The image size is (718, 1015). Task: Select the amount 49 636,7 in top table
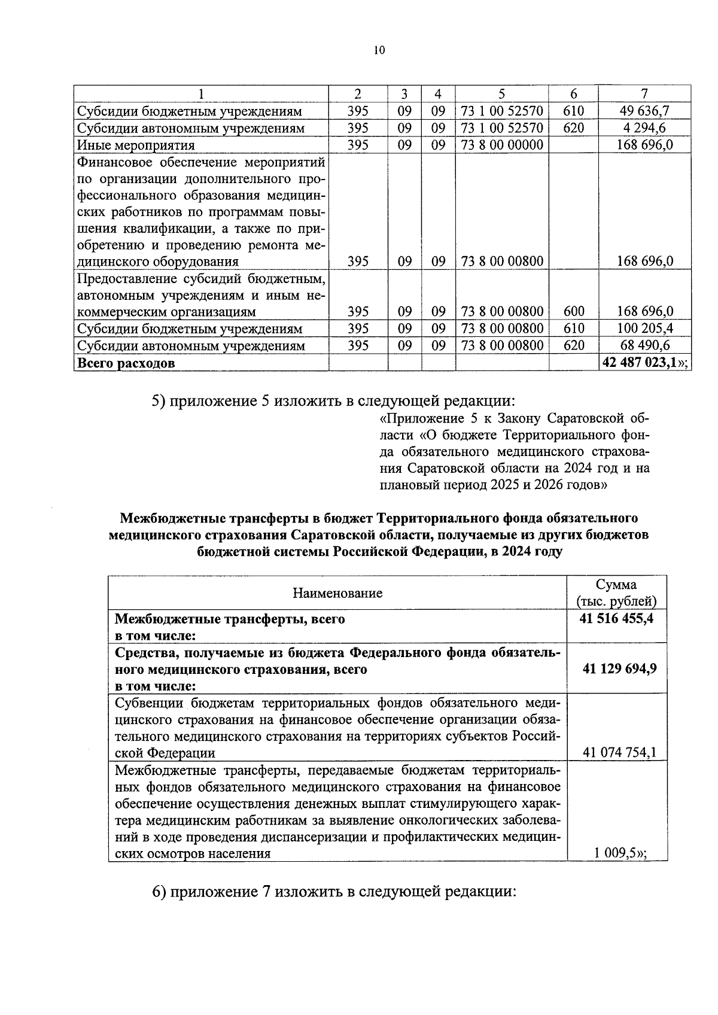[x=644, y=111]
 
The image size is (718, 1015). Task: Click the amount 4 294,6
[x=644, y=128]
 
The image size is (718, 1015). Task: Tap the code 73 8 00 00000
[x=501, y=145]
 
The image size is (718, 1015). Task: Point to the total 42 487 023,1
[x=641, y=363]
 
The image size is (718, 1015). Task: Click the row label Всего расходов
[x=126, y=363]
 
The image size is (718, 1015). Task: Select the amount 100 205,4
[x=644, y=329]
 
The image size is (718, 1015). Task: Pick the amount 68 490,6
[x=644, y=345]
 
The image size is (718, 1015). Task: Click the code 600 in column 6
[x=573, y=311]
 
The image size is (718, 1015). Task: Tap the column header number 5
[x=501, y=94]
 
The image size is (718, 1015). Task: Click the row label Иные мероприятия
[x=135, y=145]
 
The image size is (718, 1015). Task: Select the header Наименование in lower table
[x=337, y=593]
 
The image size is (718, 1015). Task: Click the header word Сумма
[x=616, y=585]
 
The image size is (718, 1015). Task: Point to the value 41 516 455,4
[x=616, y=619]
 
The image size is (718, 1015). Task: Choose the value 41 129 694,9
[x=619, y=668]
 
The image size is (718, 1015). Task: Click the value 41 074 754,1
[x=619, y=752]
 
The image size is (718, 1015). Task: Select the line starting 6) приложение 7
[x=334, y=892]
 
